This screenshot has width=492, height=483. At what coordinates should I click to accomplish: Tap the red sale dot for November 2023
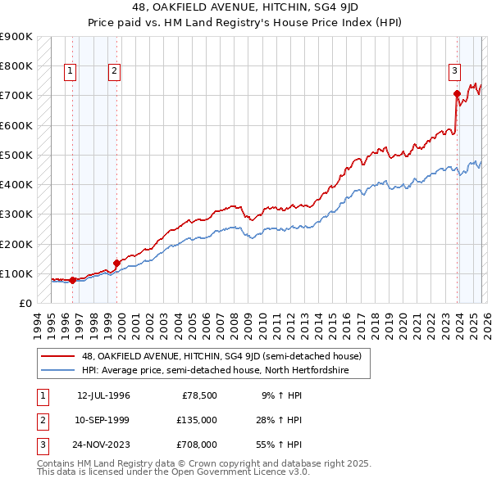pos(457,94)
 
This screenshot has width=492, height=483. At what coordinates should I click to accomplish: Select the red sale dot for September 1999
pos(116,264)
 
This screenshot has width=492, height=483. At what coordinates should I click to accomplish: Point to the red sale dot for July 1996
pos(72,280)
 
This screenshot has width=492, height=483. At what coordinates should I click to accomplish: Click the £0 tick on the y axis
pos(25,304)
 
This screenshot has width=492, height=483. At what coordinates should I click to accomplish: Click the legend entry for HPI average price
pos(215,371)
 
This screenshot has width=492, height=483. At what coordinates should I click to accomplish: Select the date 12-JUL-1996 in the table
pos(103,395)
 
